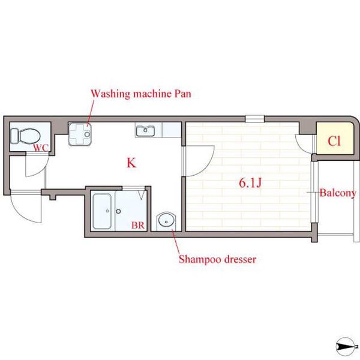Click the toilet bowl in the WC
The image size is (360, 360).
click(x=30, y=136)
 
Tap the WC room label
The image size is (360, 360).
click(x=41, y=148)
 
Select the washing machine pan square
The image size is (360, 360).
click(x=80, y=134)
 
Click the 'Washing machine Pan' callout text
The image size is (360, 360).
click(x=141, y=94)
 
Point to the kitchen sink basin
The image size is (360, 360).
click(x=145, y=131)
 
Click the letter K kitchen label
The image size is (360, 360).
click(x=131, y=163)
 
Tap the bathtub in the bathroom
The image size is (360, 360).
click(x=102, y=211)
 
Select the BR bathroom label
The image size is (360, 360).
click(x=138, y=226)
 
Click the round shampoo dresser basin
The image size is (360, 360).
click(x=166, y=221)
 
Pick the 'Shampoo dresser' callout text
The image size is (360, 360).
click(x=217, y=259)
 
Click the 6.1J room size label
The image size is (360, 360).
click(x=250, y=183)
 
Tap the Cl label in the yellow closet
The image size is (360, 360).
click(x=334, y=141)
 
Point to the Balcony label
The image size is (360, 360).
click(x=338, y=193)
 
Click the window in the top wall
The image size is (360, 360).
click(x=254, y=119)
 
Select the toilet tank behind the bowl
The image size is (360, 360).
click(x=14, y=136)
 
